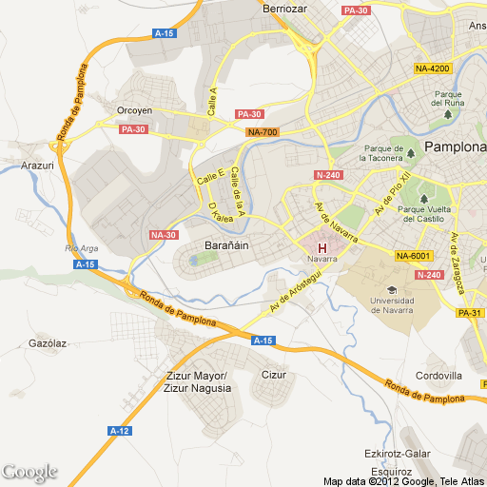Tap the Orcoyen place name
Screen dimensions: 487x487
point(134,110)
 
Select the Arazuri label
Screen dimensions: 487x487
point(37,165)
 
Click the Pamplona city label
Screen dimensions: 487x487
point(456,147)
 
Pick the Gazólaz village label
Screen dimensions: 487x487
point(48,342)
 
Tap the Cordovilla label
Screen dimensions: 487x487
point(438,375)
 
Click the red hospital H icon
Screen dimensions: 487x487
point(321,248)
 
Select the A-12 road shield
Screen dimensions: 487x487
point(120,430)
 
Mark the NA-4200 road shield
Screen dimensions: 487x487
point(433,68)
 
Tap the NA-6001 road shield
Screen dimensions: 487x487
point(415,256)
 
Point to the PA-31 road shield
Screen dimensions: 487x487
point(471,313)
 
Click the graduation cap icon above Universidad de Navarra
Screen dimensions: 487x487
point(390,289)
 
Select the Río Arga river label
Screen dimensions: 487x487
point(82,248)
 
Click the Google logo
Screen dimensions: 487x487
point(29,472)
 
